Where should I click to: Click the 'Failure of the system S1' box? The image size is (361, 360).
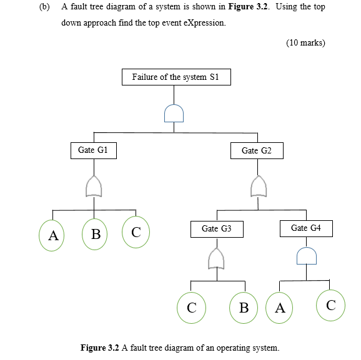click(176, 77)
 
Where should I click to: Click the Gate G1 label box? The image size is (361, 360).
click(93, 150)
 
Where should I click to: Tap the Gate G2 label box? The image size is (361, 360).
click(257, 150)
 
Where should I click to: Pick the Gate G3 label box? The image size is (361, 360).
click(216, 229)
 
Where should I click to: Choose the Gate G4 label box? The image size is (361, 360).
click(305, 228)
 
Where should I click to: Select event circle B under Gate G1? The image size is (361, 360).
click(95, 235)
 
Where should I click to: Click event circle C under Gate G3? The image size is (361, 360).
click(192, 308)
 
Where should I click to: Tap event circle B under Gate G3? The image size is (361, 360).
click(244, 308)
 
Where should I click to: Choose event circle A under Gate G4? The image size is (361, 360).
click(280, 308)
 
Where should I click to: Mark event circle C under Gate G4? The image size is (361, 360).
click(330, 305)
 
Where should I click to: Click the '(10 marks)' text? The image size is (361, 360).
click(305, 43)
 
